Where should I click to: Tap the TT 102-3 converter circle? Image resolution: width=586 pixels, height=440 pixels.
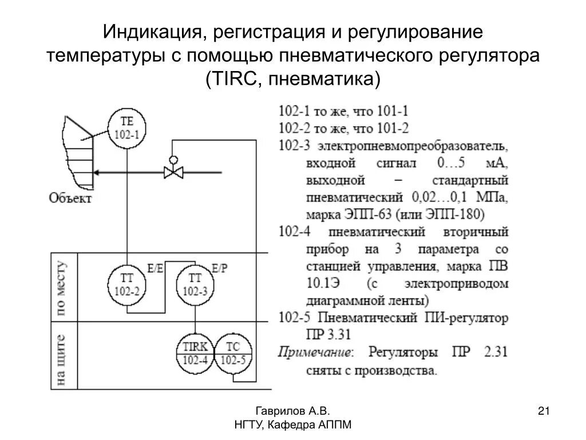[195, 284]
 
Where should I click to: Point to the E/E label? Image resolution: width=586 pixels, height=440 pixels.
[155, 268]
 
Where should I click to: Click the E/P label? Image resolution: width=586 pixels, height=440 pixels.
[219, 268]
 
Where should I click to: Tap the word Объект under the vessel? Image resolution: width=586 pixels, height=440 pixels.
[70, 199]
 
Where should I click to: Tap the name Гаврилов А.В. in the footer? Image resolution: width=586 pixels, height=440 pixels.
[292, 411]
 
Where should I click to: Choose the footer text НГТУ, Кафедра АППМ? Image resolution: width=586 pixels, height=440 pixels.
[292, 425]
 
